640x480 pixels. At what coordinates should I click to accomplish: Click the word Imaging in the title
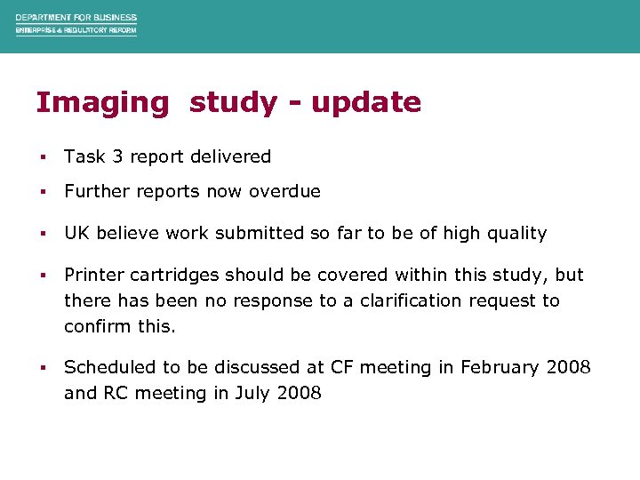click(101, 103)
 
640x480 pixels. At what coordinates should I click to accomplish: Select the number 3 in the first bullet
click(117, 156)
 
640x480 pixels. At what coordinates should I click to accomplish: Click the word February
click(499, 367)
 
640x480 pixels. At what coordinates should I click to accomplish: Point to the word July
click(253, 393)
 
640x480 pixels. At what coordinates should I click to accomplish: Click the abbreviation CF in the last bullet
click(342, 367)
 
